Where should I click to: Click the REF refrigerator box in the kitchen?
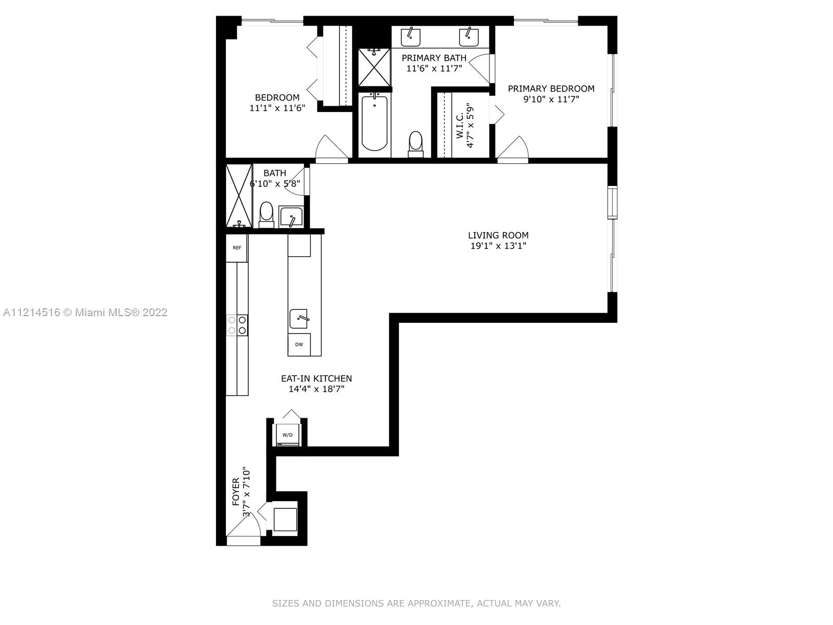236,248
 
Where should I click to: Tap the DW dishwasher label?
299,345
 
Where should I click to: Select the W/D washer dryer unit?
287,435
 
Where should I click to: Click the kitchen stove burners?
237,325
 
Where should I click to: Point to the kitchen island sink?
299,318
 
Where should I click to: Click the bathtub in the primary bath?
374,122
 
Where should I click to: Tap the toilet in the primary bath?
415,144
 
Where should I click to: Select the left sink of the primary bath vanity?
411,37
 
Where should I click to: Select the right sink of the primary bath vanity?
469,37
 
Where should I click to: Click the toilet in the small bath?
267,215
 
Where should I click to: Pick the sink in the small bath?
291,216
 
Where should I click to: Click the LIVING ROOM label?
498,235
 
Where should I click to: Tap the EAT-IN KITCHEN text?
317,378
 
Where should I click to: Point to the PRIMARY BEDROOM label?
551,89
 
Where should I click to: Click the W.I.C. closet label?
460,125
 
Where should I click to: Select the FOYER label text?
236,492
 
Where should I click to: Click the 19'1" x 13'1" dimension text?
498,246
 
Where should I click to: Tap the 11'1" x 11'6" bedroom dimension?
277,108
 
